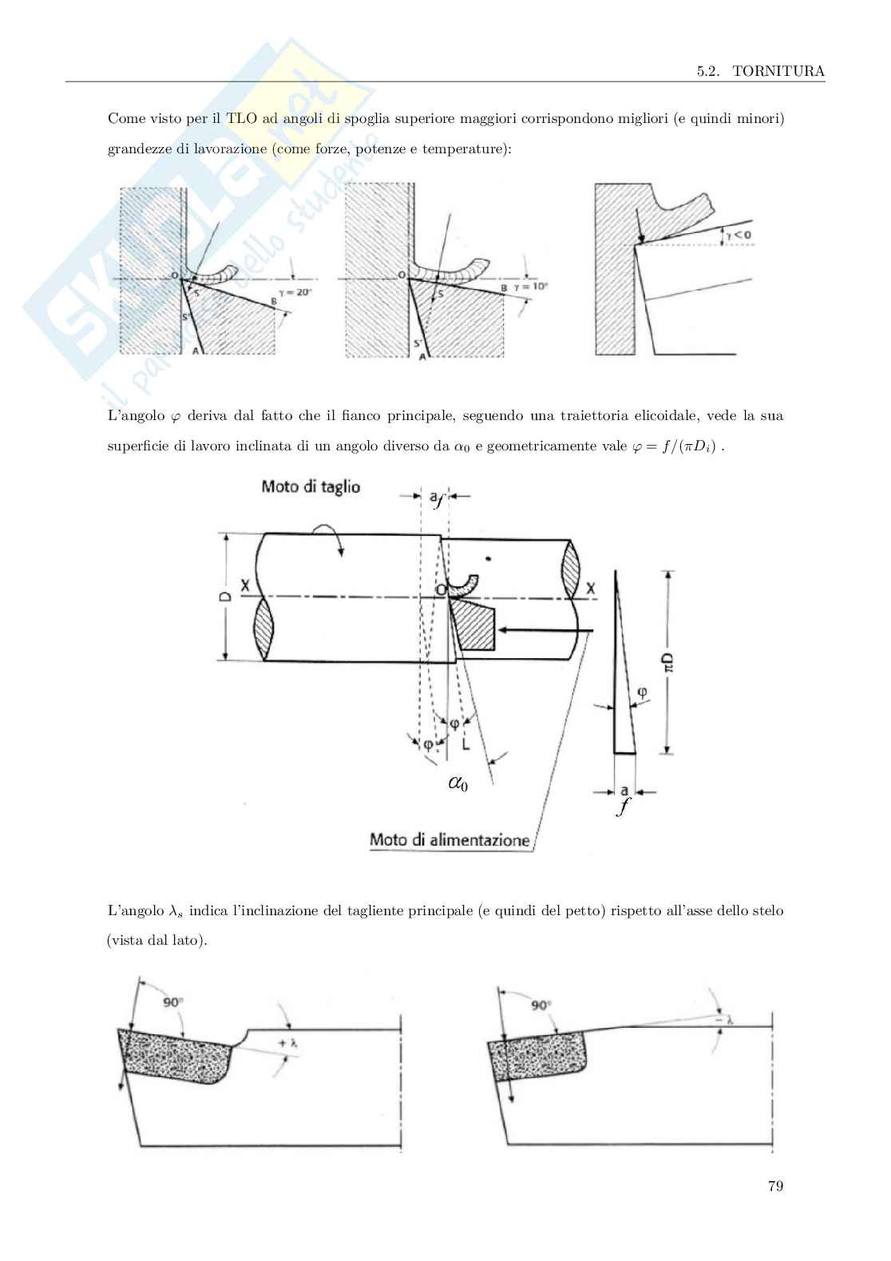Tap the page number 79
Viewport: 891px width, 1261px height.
774,1186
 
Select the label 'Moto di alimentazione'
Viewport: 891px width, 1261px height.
449,840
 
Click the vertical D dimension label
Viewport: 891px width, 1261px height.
226,597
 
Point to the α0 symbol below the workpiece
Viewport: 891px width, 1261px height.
457,784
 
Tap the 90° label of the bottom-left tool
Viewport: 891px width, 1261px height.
173,1001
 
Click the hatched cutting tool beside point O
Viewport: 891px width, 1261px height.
473,625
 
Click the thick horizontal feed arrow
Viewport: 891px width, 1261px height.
544,631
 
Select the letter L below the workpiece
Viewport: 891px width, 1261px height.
465,742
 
